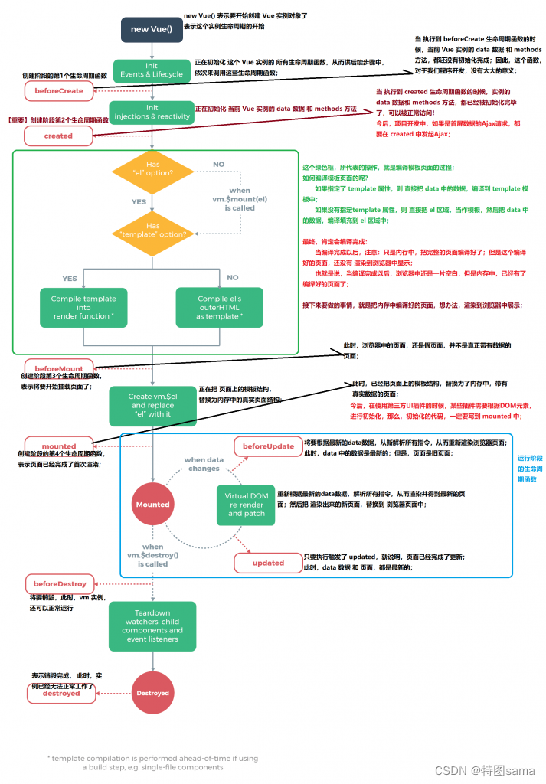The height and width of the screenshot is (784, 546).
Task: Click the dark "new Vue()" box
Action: (152, 30)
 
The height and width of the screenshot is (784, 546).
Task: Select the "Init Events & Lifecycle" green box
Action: (152, 70)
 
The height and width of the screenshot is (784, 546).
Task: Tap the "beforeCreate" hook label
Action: (58, 90)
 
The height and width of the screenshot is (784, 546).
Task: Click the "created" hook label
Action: (58, 136)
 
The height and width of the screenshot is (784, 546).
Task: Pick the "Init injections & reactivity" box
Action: (152, 113)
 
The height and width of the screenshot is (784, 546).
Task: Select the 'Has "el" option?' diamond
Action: (153, 168)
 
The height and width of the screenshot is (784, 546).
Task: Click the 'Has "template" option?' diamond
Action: (153, 230)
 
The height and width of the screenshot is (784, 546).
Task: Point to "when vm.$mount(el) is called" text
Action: (239, 198)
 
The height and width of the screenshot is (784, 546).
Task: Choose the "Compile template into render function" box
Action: (83, 307)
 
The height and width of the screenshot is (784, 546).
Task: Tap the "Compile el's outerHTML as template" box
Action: (219, 307)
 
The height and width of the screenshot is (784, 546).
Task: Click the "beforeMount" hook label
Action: (58, 368)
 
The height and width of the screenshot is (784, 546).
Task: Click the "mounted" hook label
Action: (58, 446)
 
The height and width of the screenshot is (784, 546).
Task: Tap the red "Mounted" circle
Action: (152, 505)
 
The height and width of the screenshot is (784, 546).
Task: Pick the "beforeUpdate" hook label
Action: (268, 446)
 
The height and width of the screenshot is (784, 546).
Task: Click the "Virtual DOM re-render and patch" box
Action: (246, 505)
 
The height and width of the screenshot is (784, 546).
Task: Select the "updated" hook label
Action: (268, 563)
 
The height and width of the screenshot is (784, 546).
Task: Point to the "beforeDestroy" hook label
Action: (60, 583)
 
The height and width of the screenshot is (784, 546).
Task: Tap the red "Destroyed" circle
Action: (152, 693)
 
